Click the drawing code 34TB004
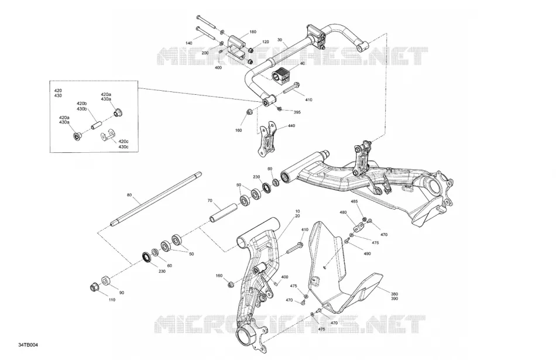click(28, 345)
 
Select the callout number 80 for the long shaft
click(129, 195)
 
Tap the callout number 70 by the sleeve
click(210, 200)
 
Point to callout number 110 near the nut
click(112, 300)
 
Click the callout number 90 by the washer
click(121, 293)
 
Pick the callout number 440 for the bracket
click(291, 125)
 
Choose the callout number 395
click(297, 112)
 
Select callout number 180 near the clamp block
click(252, 32)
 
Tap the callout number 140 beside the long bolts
click(188, 43)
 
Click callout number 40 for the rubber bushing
click(302, 63)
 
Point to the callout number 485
click(354, 201)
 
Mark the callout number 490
click(367, 253)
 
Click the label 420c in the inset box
click(123, 141)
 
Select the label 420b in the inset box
click(81, 104)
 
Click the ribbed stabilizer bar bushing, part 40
click(281, 75)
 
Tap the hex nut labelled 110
click(94, 287)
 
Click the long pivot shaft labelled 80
click(155, 198)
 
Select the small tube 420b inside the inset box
click(97, 125)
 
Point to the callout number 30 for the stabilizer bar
click(280, 40)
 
